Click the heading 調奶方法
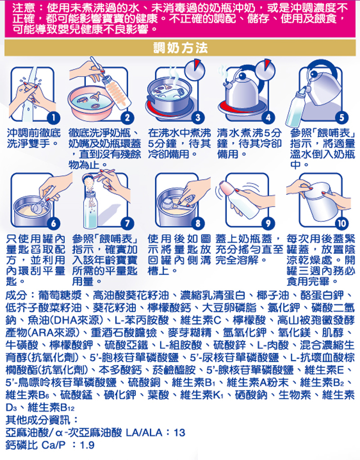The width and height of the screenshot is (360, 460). click(180, 48)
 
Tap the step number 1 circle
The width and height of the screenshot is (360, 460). click(53, 118)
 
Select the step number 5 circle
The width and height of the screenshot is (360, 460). click(342, 118)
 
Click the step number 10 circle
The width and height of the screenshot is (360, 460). click(342, 224)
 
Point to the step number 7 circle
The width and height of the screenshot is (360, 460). click(127, 224)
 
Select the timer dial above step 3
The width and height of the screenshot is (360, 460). click(196, 70)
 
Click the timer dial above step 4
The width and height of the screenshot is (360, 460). click(265, 69)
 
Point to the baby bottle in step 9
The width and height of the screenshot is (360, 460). click(241, 199)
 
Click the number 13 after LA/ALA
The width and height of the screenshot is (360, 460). click(180, 433)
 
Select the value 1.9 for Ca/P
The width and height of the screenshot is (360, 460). click(87, 445)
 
